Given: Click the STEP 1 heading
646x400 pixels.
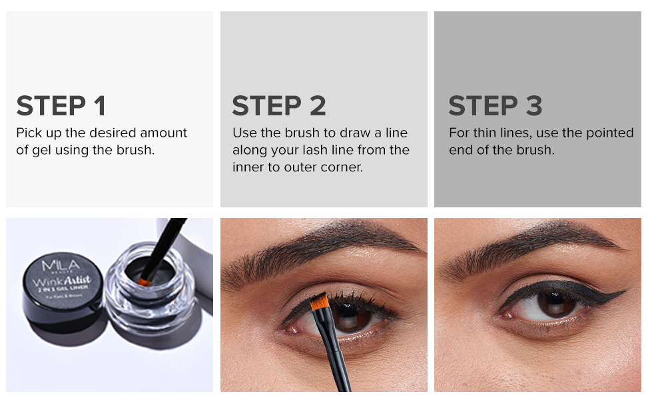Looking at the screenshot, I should click(61, 106).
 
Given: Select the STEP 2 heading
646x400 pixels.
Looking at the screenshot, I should click(279, 106).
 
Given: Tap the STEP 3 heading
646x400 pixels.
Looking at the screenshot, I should click(495, 106).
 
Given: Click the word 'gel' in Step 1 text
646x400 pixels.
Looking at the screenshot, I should click(41, 150).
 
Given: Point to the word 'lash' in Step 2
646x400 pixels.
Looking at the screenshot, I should click(321, 150).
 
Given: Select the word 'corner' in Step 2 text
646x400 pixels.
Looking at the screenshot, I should click(343, 167).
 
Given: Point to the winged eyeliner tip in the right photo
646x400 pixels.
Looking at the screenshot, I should click(623, 291).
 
